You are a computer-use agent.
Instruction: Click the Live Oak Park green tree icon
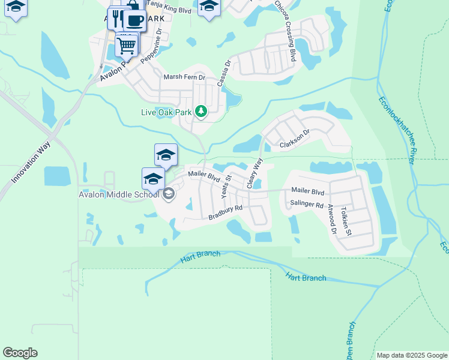click(x=202, y=111)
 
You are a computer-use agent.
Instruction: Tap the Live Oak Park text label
click(x=166, y=112)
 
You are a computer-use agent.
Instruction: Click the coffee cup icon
click(x=134, y=20)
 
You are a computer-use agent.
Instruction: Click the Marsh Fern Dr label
click(x=184, y=77)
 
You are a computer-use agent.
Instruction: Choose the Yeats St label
click(x=226, y=187)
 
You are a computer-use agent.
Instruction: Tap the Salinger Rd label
click(x=307, y=205)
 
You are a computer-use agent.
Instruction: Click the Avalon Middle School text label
click(x=118, y=194)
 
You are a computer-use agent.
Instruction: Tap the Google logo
click(x=20, y=353)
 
